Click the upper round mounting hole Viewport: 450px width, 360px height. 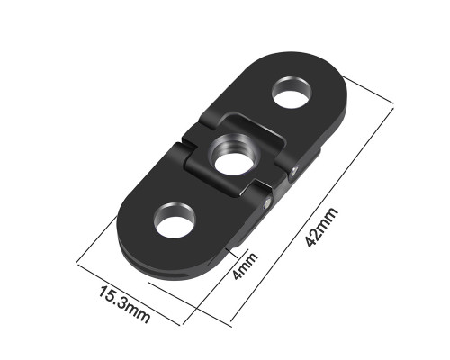point(292,93)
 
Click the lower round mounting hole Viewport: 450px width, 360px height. point(175,220)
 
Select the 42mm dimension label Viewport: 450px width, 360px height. point(321,227)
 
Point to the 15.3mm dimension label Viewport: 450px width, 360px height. point(124,304)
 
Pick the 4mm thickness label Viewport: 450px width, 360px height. point(245,265)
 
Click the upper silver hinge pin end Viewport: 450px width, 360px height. point(293,171)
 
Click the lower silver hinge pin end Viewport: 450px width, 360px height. point(266,204)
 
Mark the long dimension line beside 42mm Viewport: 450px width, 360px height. point(312,213)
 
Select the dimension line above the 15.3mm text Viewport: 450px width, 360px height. point(129,294)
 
